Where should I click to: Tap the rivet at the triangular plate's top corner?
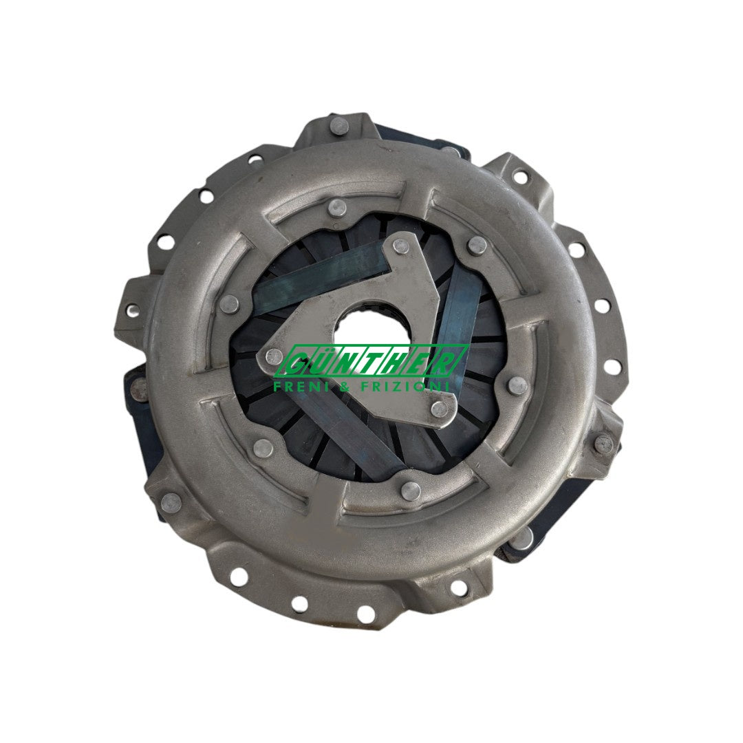(401, 246)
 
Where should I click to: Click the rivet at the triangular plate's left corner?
(274, 354)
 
